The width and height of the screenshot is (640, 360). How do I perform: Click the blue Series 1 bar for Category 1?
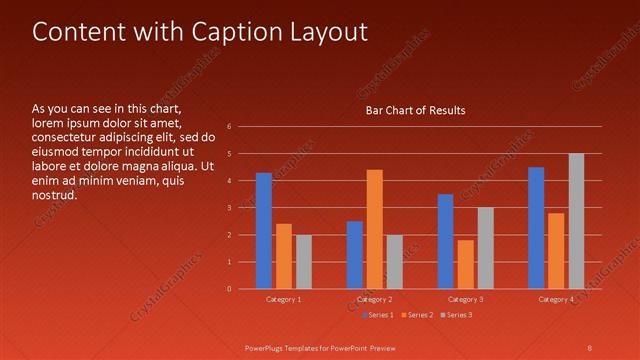264,231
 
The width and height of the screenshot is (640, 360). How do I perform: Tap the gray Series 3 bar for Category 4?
576,221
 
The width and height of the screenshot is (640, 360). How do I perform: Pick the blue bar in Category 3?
445,241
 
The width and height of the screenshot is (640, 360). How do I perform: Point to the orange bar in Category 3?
465,264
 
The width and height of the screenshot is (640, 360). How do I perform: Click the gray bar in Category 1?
303,262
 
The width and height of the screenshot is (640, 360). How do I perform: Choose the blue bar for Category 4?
536,228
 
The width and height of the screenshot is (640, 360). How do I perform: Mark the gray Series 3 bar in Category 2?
394,262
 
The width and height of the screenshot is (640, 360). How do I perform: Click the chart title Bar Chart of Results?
415,110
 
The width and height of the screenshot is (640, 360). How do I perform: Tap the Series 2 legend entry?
417,315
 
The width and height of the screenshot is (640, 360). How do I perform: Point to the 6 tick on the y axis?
230,127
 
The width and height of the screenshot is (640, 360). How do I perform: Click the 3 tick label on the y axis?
230,208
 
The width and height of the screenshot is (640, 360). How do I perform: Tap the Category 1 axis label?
284,299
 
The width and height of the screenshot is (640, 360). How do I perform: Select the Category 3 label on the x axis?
465,299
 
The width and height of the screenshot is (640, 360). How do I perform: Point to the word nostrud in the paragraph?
54,194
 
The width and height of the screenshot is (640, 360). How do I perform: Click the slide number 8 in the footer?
589,347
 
